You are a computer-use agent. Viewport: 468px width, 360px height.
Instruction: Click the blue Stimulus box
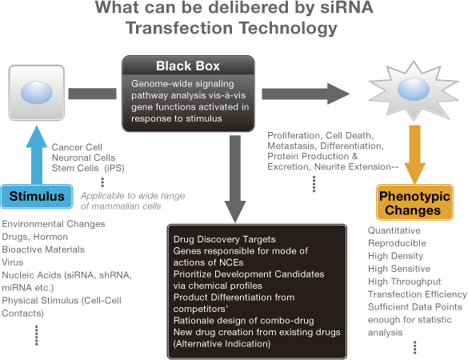tap(37, 197)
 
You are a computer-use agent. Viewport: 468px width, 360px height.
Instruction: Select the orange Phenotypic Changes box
tap(414, 202)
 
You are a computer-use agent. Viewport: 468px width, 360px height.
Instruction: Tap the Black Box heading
tap(188, 66)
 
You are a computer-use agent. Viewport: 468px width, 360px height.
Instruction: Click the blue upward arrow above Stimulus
tap(37, 155)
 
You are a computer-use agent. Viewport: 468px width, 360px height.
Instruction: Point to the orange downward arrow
tap(414, 154)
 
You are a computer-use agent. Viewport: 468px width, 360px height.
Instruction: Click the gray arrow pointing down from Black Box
tap(235, 179)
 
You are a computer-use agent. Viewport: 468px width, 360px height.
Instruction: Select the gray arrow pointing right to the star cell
tap(306, 94)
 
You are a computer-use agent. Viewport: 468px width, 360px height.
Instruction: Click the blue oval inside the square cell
tap(37, 93)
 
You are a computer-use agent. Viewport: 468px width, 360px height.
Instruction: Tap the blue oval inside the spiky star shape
tap(414, 89)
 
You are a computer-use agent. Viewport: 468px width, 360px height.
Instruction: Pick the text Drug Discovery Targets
tap(225, 239)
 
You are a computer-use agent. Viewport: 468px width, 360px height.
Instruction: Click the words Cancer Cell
tap(77, 147)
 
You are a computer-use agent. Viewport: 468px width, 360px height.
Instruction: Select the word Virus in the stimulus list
tap(13, 262)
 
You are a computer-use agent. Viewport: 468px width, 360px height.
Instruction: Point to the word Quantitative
tap(394, 230)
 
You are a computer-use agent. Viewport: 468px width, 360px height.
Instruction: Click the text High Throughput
tap(405, 282)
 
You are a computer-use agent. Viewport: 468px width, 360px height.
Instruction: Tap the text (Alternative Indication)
tap(222, 344)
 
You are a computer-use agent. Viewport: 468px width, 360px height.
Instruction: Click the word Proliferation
tap(294, 136)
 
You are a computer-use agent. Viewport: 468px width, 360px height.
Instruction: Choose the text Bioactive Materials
tap(43, 250)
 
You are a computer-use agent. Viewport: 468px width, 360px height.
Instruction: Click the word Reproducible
tap(397, 243)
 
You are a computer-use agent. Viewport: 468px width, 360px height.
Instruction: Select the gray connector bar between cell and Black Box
tap(92, 94)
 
